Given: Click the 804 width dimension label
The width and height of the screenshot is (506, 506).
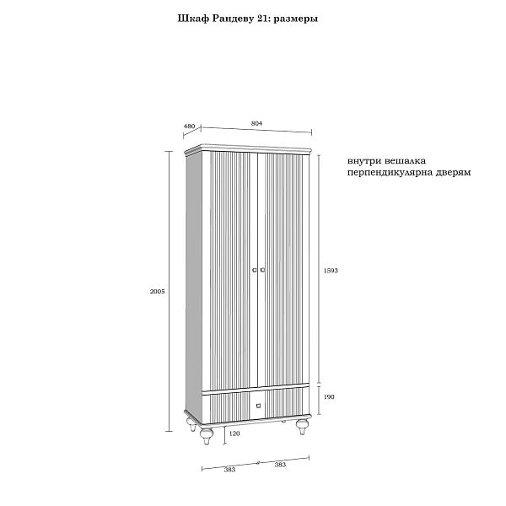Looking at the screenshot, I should coord(257,123).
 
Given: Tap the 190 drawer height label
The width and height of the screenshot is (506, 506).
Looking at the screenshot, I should coord(329,396).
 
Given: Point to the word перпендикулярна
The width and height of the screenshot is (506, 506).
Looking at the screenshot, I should coord(394,170).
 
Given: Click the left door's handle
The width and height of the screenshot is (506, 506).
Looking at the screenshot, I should coord(254,270).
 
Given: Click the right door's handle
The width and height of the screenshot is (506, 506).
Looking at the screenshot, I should coord(263,270).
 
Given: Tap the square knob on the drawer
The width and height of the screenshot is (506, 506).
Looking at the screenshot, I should coord(258,406).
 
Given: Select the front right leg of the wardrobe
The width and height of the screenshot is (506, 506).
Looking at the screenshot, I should coord(300,428).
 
